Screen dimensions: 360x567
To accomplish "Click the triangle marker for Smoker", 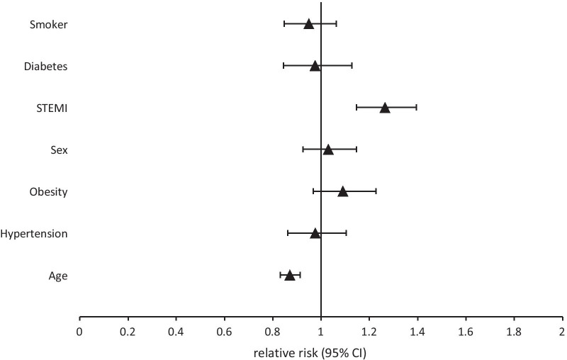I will point(308,24).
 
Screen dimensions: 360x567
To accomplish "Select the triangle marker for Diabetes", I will point(315,66).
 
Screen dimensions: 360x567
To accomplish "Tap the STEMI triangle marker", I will point(385,108).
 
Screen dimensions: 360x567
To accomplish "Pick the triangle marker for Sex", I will point(328,150).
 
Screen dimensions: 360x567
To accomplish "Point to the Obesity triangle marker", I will point(343,191).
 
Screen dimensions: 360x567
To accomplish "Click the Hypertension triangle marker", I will point(315,233).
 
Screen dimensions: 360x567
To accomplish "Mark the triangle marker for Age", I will point(289,275).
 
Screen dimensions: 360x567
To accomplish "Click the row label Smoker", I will point(48,25).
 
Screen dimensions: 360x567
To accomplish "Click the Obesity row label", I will point(48,192).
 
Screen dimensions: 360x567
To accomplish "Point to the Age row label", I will point(58,276).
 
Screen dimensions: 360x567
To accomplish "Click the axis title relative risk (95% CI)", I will point(320,351).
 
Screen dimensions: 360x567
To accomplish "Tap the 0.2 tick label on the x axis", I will point(128,331).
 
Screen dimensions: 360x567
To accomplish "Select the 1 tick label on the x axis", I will point(321,331).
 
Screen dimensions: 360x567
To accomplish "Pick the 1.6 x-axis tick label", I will point(466,331).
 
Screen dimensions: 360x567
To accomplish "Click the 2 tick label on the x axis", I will point(562,331).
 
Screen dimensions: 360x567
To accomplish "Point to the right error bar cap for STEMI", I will point(416,108).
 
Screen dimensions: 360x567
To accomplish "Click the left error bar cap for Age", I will point(280,275).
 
